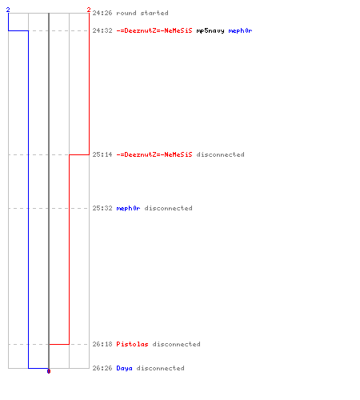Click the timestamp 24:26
102,13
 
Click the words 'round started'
142,13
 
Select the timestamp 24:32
102,30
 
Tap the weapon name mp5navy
210,31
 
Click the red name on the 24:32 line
154,30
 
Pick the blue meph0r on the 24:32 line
240,31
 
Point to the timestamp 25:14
102,154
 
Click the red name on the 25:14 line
154,154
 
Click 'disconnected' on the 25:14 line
221,154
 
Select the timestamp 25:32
102,208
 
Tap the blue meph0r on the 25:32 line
128,208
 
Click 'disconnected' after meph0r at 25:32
169,208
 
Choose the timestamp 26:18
102,344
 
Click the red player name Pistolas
132,344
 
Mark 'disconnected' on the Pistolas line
177,344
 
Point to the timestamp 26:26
102,368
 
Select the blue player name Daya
124,368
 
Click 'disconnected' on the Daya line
161,368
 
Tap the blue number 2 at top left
8,10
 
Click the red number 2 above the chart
89,10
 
